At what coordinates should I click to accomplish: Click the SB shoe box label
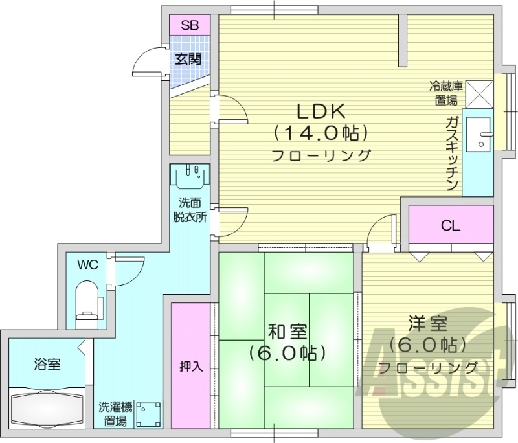coord(189,26)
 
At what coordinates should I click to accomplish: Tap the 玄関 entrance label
coord(188,59)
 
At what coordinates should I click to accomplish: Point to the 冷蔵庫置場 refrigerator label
coord(445,93)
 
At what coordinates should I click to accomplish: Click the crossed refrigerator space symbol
coord(479,93)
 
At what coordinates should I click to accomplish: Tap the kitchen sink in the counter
coord(482,135)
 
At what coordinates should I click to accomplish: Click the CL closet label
coord(451,225)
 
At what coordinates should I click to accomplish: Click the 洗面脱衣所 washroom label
coord(190,210)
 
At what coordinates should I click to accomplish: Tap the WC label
coord(87,264)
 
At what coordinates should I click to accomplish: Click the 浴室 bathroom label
coord(47,364)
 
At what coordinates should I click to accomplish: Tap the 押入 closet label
coord(191,366)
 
